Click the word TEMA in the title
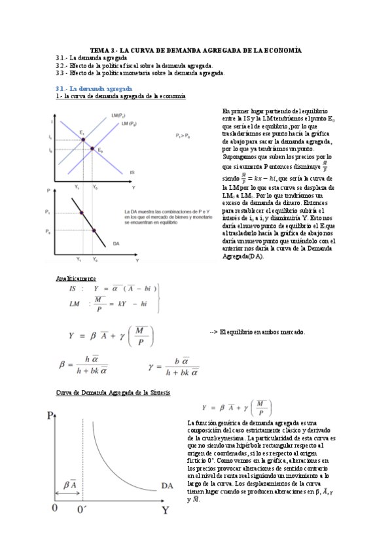tap(99, 50)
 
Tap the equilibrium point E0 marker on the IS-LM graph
tap(92, 148)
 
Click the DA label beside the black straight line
tap(115, 243)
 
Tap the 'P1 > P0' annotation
tap(183, 135)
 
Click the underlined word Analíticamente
tap(76, 278)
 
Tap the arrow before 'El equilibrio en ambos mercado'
tap(213, 332)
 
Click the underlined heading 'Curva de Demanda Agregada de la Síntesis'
tap(113, 393)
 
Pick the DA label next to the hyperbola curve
tap(167, 485)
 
